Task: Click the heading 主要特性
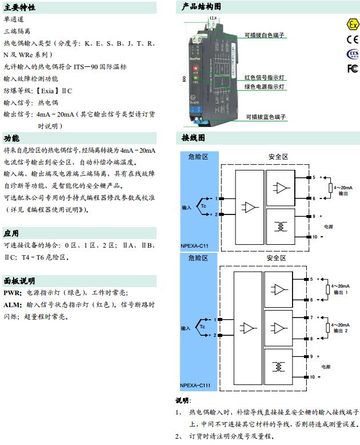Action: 19,7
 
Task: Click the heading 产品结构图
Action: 201,7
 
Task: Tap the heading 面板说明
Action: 19,281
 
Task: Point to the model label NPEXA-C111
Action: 195,385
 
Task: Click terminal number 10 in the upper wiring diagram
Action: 313,236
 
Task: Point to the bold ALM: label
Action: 13,304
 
